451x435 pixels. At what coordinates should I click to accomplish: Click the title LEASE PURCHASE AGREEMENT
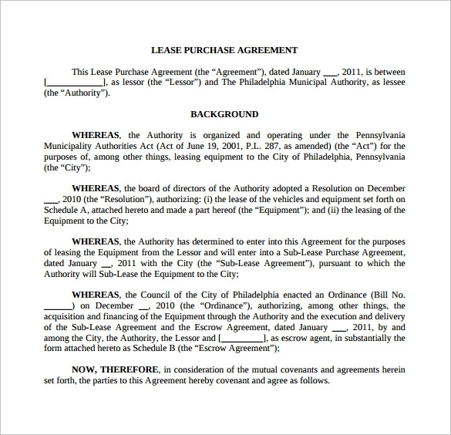pyautogui.click(x=224, y=50)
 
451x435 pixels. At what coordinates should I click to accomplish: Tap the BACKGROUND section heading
pyautogui.click(x=224, y=114)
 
